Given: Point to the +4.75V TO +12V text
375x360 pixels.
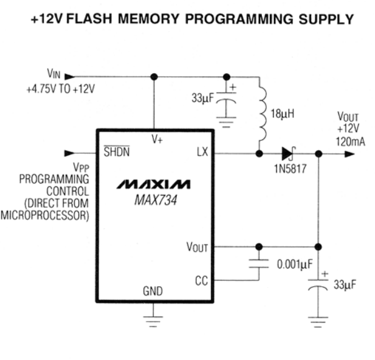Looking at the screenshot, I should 60,89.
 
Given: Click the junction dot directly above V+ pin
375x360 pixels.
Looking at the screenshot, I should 153,77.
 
